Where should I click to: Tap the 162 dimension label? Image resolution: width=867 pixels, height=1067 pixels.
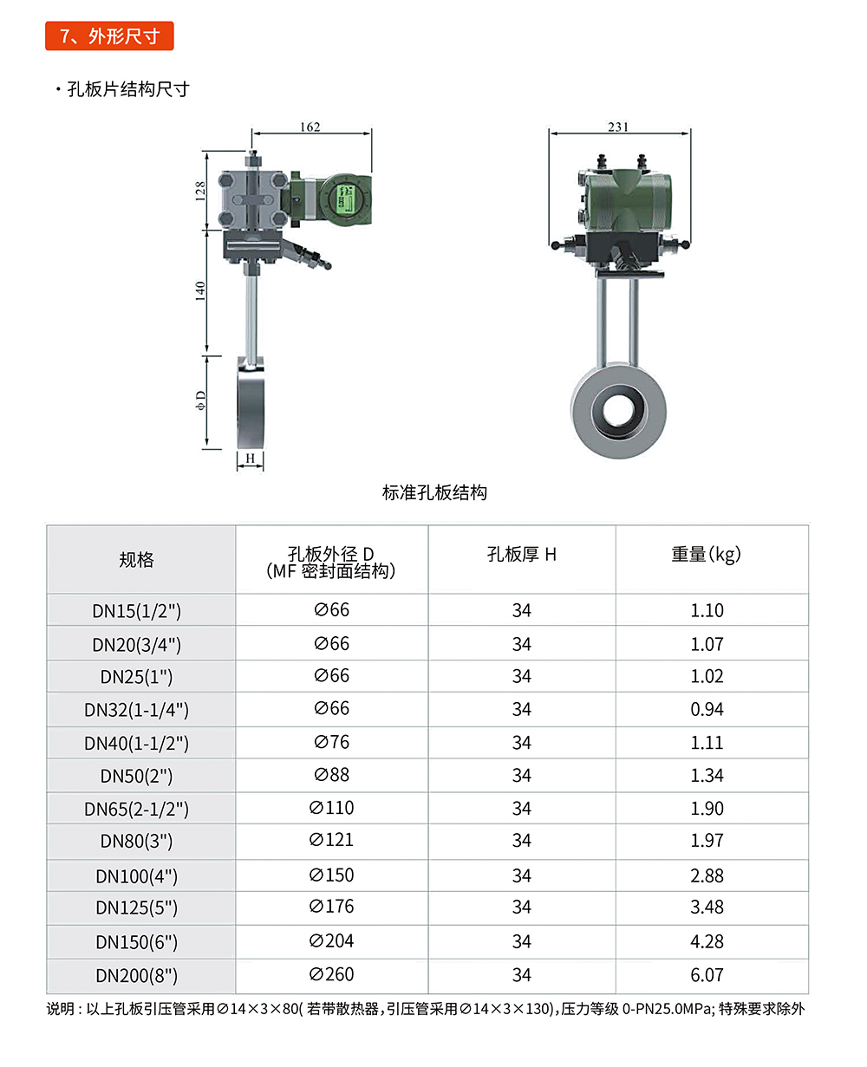click(x=310, y=127)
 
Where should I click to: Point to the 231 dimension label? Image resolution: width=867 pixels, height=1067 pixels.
click(x=617, y=127)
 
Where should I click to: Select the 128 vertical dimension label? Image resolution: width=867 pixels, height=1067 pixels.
click(x=200, y=191)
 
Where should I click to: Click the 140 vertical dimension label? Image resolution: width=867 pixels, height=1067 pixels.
click(x=200, y=290)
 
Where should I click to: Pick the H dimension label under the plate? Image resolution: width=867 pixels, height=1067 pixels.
click(x=250, y=458)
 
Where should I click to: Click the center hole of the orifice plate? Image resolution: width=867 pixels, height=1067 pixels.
click(x=618, y=410)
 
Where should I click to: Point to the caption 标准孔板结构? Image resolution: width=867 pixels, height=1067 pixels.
click(x=434, y=492)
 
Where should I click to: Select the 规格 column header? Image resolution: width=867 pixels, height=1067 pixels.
click(x=136, y=559)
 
